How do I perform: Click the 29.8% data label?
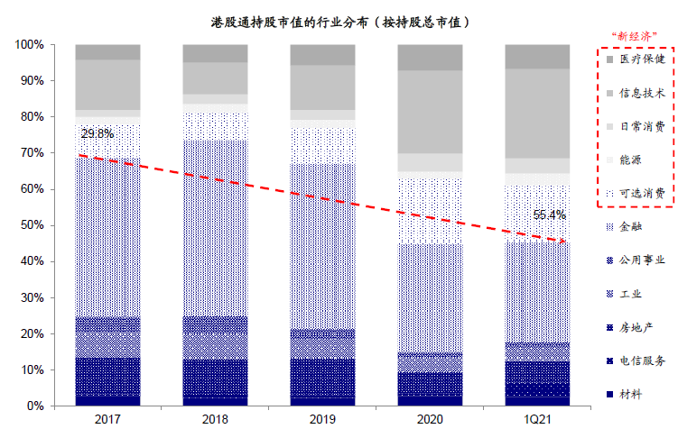[x=98, y=134]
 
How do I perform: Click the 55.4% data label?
[x=549, y=215]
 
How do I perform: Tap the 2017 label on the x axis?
[x=107, y=420]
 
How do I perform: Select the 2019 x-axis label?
[x=322, y=420]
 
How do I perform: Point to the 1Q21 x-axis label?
[x=537, y=420]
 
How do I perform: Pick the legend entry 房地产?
[x=637, y=327]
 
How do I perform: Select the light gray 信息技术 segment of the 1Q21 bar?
[x=537, y=114]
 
